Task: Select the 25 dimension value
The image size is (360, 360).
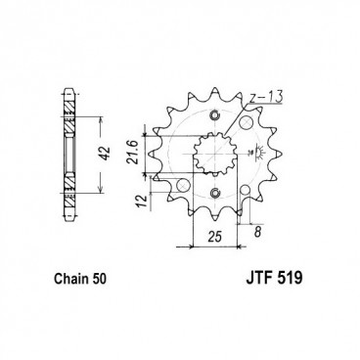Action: click(x=214, y=239)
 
